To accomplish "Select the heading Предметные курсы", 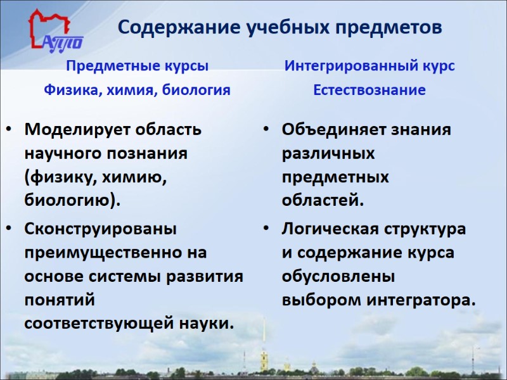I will click(138, 66).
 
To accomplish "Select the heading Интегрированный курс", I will click(369, 66).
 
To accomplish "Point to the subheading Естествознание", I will click(369, 90).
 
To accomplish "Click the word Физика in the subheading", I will click(67, 90).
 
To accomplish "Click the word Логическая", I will click(329, 228).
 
